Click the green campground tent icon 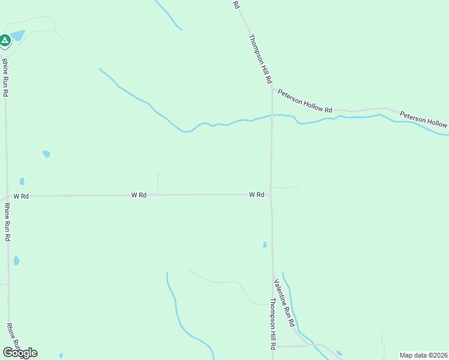tap(5, 41)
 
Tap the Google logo tap(20, 352)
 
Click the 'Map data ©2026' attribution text tap(423, 355)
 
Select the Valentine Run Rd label tap(285, 303)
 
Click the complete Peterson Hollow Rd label tap(305, 101)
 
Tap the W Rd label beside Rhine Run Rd tap(21, 196)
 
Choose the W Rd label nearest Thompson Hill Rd tap(257, 194)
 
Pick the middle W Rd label tap(139, 195)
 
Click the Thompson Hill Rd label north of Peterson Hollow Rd tap(261, 58)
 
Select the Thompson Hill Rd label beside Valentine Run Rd tap(272, 324)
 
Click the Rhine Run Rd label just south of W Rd tap(7, 221)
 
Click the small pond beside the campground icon tap(18, 35)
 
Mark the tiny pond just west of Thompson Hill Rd tap(265, 244)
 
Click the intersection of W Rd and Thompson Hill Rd tap(271, 194)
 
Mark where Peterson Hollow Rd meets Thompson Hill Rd tap(272, 89)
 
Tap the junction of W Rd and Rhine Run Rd tap(7, 196)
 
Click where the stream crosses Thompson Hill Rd tap(271, 115)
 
